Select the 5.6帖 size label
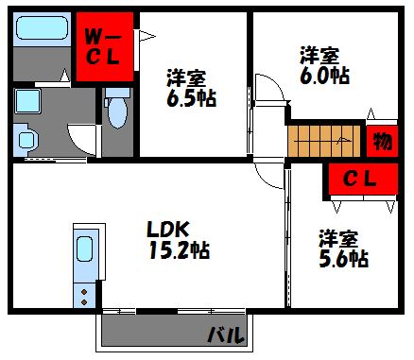click(342, 256)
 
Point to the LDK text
click(170, 228)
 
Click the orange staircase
click(324, 139)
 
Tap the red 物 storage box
click(382, 141)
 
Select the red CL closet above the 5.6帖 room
click(360, 177)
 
